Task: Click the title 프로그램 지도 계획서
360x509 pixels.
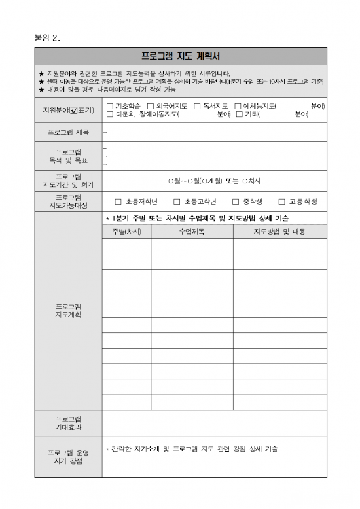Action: point(180,56)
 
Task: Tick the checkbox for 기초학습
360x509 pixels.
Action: point(109,106)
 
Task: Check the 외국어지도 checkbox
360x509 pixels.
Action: point(150,106)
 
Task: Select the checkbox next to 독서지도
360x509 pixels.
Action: point(197,106)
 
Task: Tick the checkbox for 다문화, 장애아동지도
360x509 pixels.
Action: point(109,114)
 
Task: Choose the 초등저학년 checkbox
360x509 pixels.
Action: point(118,202)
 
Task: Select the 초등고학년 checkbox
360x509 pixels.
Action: point(177,202)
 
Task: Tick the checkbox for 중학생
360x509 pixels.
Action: point(236,202)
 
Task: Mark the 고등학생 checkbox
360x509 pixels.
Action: point(282,202)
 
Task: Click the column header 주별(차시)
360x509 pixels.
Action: point(126,232)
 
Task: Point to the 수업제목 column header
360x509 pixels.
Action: point(192,232)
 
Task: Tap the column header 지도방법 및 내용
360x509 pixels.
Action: point(279,232)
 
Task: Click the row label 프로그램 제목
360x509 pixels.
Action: point(68,132)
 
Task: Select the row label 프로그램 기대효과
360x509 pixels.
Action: point(68,423)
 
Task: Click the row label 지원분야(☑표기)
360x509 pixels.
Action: point(68,110)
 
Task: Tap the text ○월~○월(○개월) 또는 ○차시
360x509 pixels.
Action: point(214,181)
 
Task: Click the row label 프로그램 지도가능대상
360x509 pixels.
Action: point(68,202)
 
